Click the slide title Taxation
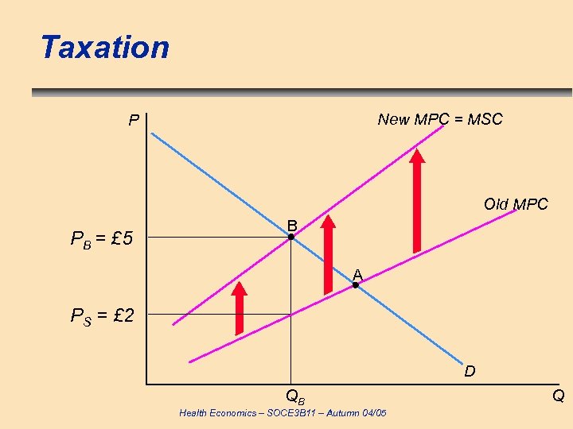[x=105, y=48]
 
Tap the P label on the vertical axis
[x=134, y=122]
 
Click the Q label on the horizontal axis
[x=559, y=396]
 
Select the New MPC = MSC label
[x=440, y=119]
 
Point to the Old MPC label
[x=516, y=204]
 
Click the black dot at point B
[x=291, y=237]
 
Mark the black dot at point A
[x=357, y=284]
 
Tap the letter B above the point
[x=292, y=224]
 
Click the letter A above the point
[x=357, y=274]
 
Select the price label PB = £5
[x=102, y=238]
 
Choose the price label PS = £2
[x=102, y=316]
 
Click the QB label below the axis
[x=295, y=395]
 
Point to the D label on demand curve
[x=470, y=371]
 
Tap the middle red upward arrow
[x=327, y=254]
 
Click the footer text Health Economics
[x=283, y=413]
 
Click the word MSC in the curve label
[x=485, y=119]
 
